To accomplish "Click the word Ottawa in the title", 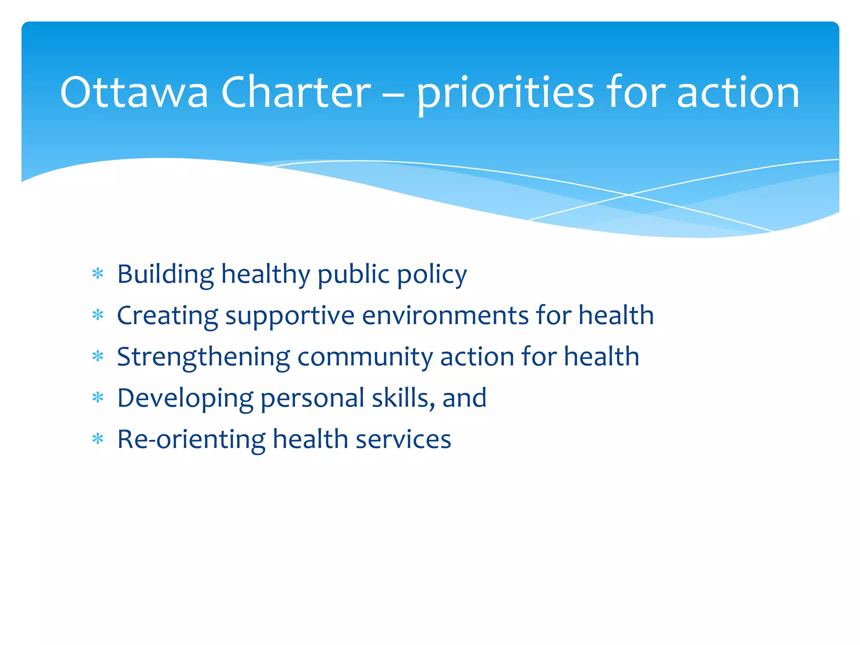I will click(x=134, y=92).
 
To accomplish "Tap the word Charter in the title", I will click(x=296, y=92).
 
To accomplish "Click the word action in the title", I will click(x=738, y=92).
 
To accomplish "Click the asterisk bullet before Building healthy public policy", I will click(x=98, y=274).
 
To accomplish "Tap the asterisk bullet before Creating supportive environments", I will click(x=98, y=315).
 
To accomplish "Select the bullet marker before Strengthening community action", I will click(x=98, y=357).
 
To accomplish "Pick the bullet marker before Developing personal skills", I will click(x=98, y=398).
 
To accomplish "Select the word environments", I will click(x=445, y=315).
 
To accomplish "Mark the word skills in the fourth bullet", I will click(x=403, y=398).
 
